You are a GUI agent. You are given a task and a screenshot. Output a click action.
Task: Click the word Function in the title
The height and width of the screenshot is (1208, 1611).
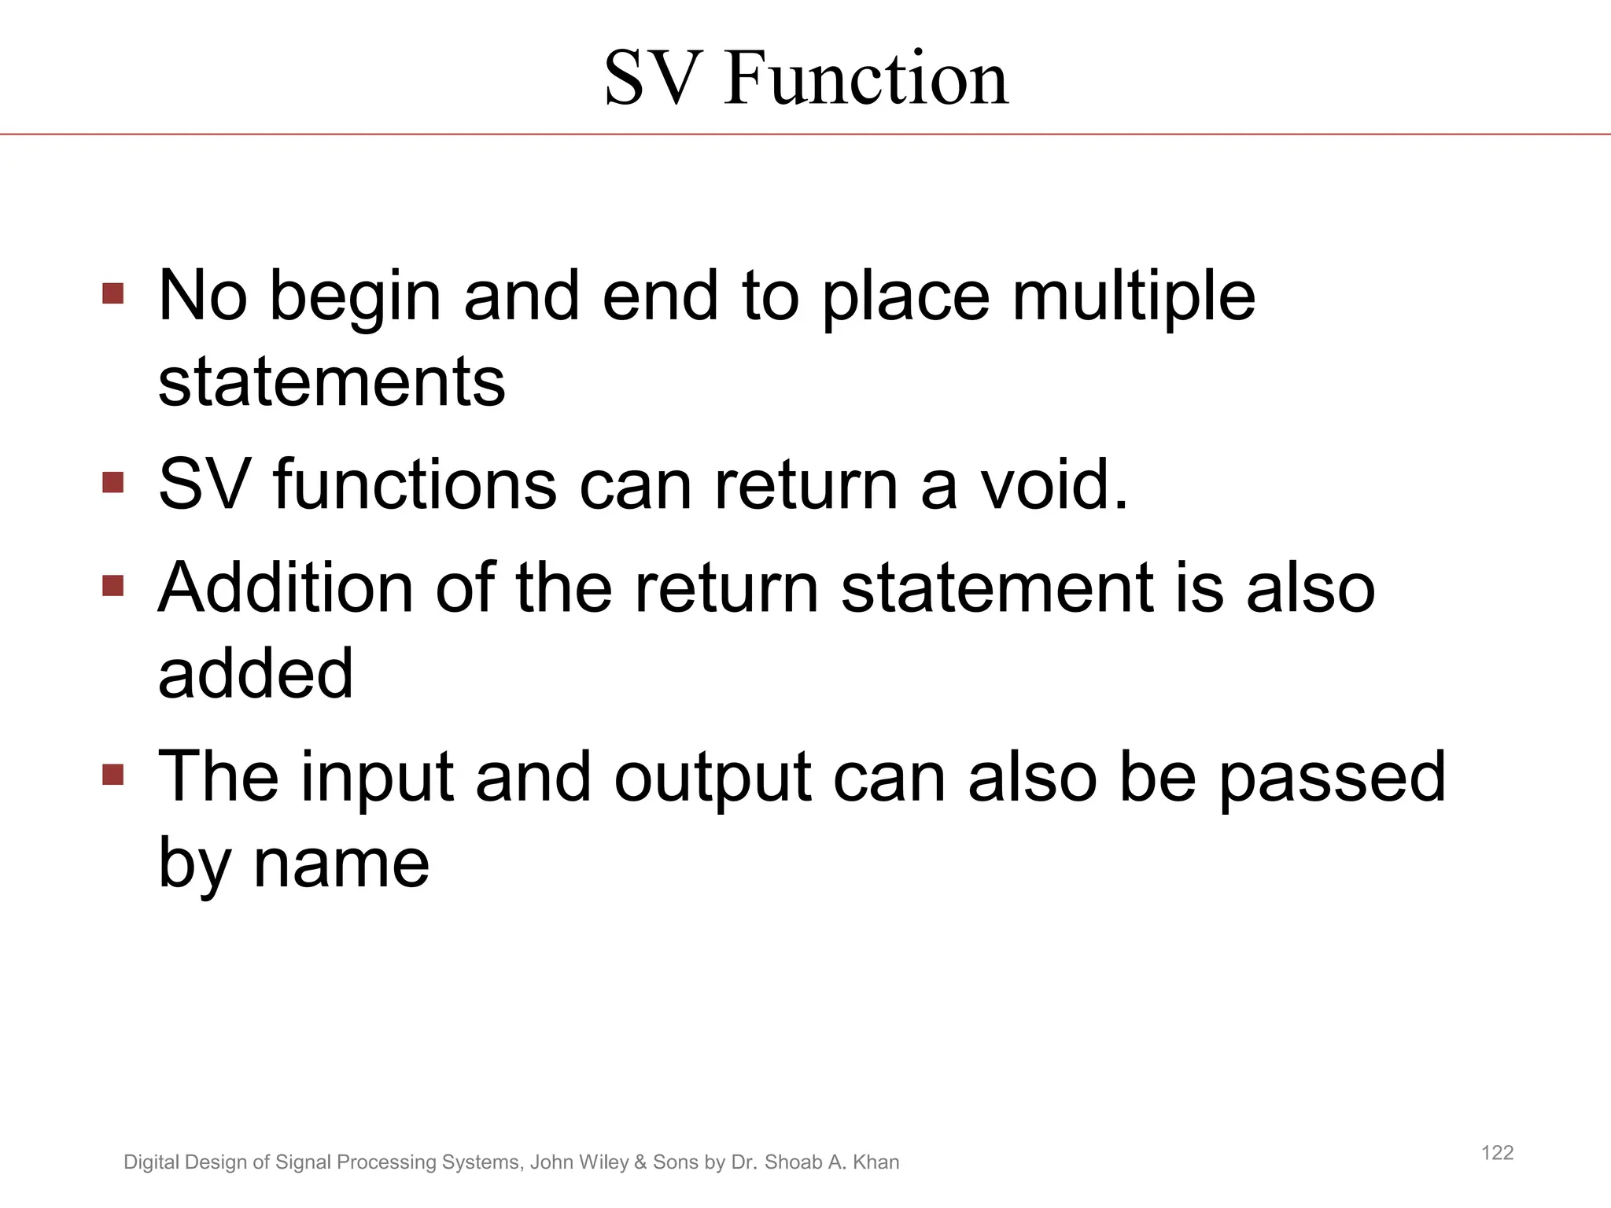coord(865,78)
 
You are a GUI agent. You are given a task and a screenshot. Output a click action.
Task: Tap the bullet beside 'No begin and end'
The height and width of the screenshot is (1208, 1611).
coord(113,294)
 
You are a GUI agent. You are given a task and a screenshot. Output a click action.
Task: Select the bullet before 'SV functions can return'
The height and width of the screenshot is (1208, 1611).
coord(113,482)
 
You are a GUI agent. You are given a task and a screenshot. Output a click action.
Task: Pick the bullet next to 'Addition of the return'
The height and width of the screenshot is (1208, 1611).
coord(113,586)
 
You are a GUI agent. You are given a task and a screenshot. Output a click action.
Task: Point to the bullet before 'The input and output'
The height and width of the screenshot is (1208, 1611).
coord(113,775)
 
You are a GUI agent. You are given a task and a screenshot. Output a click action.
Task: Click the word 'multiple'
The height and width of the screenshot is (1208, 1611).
coord(1134,297)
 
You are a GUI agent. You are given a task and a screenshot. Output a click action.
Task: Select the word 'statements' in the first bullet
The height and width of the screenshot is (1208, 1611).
coord(331,383)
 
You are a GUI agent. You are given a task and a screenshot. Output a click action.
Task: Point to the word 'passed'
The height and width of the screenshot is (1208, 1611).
coord(1333,779)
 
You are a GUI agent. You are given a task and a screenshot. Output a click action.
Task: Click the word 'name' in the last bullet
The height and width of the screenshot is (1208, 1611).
coord(341,864)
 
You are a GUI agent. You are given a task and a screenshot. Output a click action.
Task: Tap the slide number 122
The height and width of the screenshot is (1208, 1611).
coord(1497,1153)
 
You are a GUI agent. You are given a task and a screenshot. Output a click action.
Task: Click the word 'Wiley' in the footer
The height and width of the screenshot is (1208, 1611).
coord(605,1162)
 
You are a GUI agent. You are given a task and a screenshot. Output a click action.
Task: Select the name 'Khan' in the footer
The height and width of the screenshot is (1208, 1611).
coord(876,1162)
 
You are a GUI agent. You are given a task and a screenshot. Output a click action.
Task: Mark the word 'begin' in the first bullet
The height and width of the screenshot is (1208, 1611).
coord(355,297)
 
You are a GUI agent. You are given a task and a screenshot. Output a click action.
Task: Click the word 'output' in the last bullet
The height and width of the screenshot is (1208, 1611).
coord(712,779)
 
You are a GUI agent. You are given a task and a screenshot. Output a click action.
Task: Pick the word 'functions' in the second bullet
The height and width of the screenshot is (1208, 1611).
coord(415,484)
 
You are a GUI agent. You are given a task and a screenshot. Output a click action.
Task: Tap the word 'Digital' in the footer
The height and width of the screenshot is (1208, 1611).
coord(150,1162)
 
